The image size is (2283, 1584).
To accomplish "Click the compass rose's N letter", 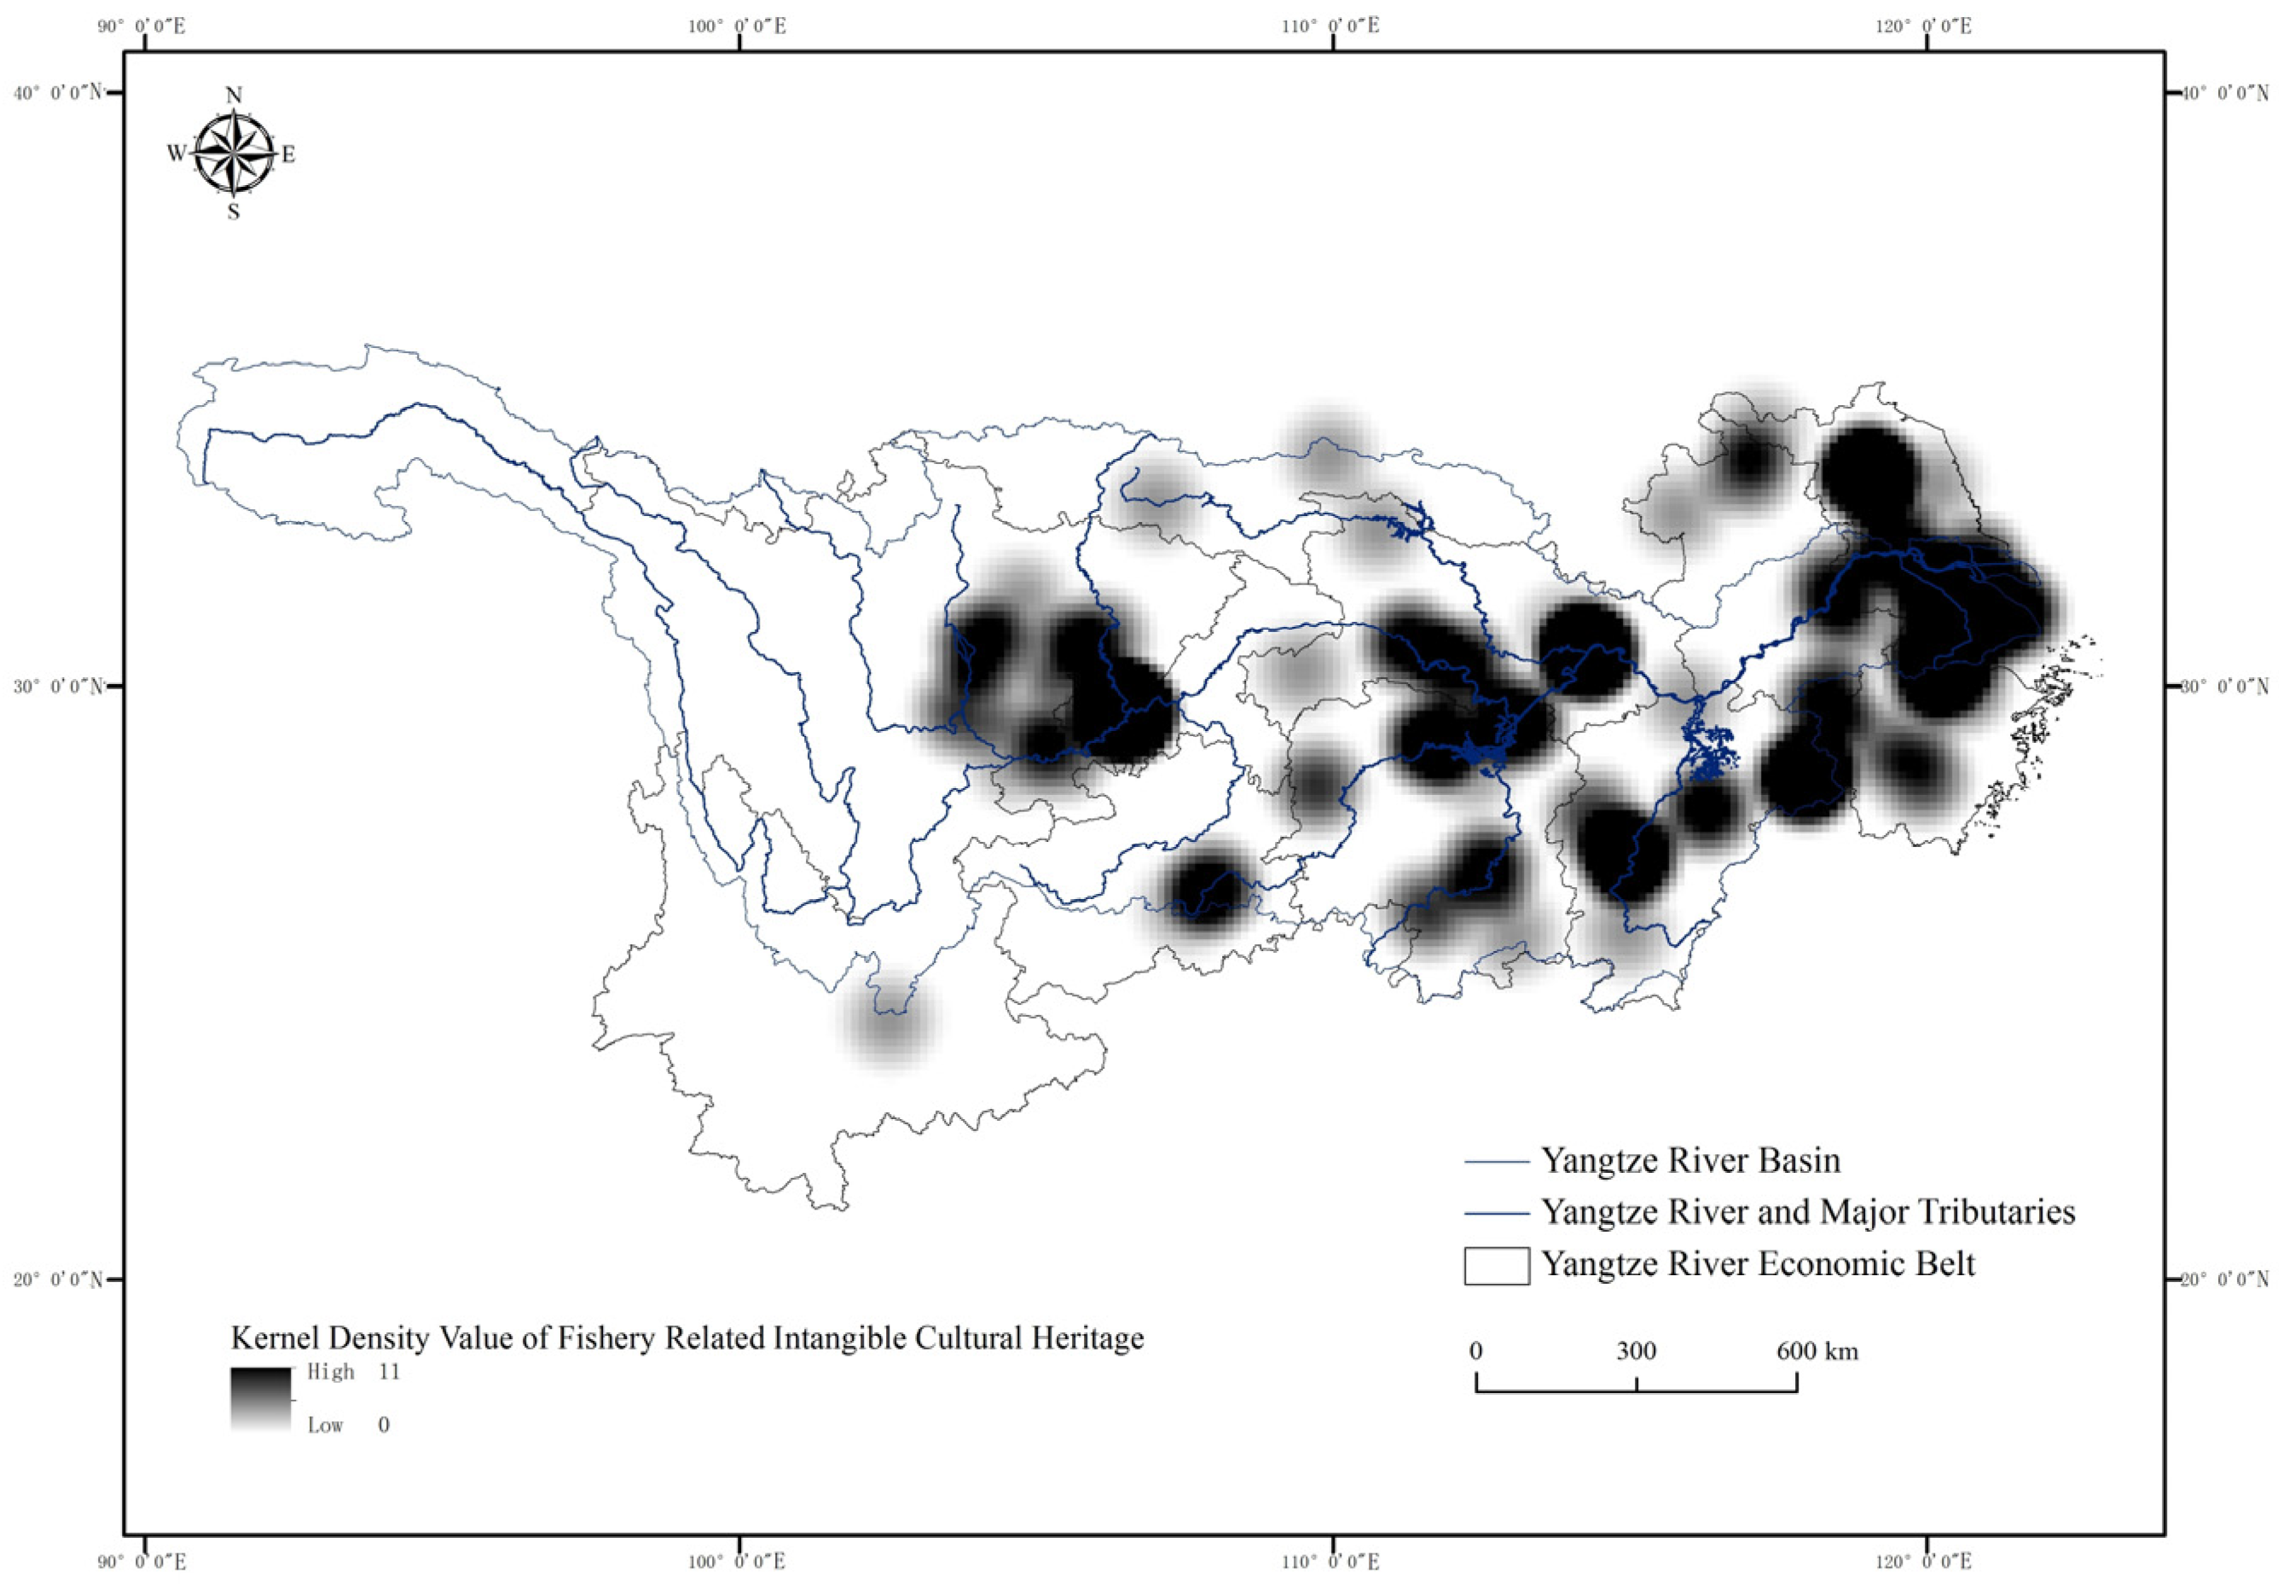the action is coord(235,96).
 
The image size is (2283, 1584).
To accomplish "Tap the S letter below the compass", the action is coord(233,212).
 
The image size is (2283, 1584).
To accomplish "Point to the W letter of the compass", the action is coord(176,154).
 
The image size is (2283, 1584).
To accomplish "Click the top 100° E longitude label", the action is coord(737,26).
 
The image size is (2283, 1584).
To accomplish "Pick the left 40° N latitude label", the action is coord(57,93).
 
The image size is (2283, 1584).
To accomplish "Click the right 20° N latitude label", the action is coord(2223,1279).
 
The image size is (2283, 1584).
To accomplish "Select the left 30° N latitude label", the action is coord(57,687).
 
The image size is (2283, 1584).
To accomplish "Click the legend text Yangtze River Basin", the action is coord(1689,1160).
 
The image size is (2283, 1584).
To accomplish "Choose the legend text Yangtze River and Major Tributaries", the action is coord(1807,1212).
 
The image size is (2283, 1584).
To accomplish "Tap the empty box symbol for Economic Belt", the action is coord(1496,1266).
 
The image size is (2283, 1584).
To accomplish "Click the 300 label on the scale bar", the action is coord(1636,1351).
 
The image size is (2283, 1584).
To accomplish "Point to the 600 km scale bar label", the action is coord(1817,1351).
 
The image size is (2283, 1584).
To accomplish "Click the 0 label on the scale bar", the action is coord(1476,1351).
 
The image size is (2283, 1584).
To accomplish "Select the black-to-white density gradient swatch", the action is coord(261,1398).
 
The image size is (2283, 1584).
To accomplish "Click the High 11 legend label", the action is coord(353,1372).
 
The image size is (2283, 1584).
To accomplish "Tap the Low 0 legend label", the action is coord(348,1425).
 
